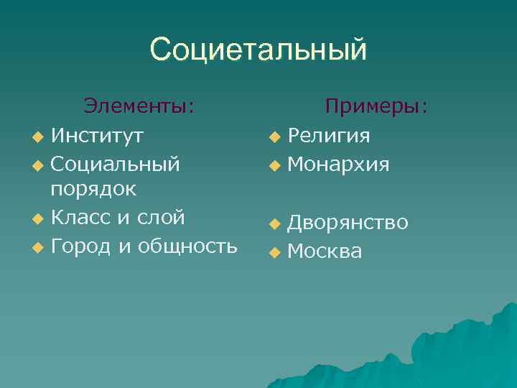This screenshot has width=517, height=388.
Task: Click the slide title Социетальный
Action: click(x=258, y=50)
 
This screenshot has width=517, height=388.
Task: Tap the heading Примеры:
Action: click(x=376, y=106)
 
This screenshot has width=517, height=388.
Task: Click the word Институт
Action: click(x=97, y=134)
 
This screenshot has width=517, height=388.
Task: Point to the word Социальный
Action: click(x=116, y=164)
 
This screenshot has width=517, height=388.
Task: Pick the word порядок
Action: click(x=95, y=190)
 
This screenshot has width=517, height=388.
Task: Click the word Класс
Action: click(x=80, y=217)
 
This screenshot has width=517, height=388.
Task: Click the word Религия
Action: click(x=329, y=136)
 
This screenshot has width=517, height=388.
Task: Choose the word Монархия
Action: click(x=338, y=165)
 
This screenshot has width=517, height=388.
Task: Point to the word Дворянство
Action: click(x=348, y=223)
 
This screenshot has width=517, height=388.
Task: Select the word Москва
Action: click(x=325, y=251)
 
